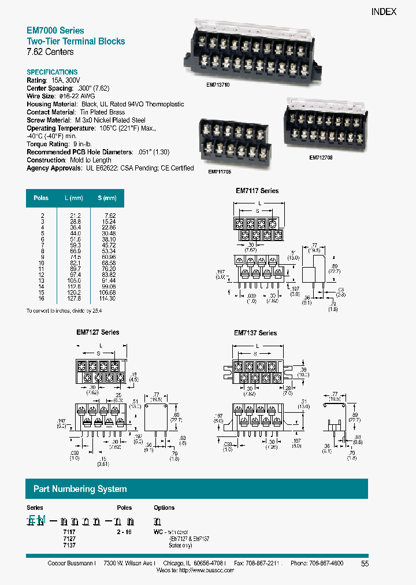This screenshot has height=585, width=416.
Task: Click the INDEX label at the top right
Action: tap(383, 12)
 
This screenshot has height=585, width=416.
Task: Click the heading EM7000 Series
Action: tap(55, 31)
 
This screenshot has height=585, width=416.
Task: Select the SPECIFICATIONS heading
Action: tap(52, 72)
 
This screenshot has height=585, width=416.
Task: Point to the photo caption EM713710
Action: tap(218, 84)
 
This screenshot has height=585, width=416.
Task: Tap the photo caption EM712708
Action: tap(321, 157)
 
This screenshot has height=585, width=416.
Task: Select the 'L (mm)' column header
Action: tap(73, 198)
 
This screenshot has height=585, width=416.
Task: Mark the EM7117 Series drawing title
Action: tap(257, 191)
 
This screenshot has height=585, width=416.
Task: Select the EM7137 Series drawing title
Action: tap(255, 333)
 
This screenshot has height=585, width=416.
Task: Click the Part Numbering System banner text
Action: tap(80, 489)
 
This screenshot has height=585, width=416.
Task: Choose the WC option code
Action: tap(158, 530)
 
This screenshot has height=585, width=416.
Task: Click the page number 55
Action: tap(365, 564)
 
